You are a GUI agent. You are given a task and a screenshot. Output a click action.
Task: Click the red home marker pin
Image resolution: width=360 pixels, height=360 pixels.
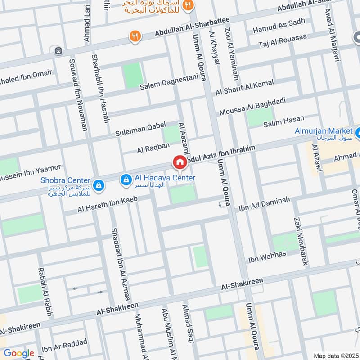click(x=180, y=162)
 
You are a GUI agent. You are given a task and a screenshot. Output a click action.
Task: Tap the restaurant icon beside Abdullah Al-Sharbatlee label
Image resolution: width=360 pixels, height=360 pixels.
click(x=134, y=36)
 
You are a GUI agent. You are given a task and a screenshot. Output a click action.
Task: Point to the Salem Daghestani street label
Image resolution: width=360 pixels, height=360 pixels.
click(x=169, y=82)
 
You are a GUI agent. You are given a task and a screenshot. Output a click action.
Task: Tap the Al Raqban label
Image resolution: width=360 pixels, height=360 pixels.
click(x=153, y=147)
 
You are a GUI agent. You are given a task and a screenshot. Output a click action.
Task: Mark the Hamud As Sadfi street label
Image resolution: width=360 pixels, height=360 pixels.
click(x=279, y=26)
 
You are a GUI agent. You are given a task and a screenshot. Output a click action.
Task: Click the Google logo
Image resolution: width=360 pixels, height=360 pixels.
click(x=18, y=353)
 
